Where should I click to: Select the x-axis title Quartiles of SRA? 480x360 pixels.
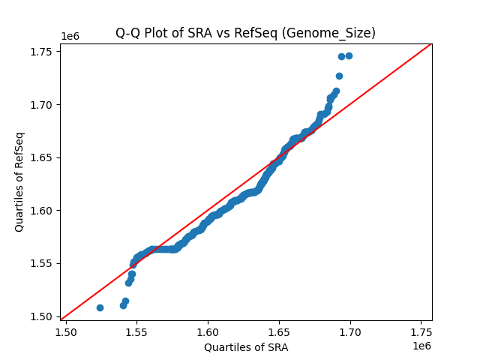tap(246, 347)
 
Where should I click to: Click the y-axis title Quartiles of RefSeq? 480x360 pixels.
tap(20, 181)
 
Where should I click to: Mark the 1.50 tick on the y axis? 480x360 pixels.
tap(41, 316)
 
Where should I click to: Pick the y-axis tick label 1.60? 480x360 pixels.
tap(41, 210)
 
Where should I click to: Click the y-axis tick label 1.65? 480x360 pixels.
tap(41, 157)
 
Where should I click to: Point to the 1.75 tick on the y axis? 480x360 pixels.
tap(41, 52)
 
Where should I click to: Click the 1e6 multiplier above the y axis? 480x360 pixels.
tap(70, 36)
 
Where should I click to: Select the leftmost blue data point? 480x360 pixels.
tap(100, 307)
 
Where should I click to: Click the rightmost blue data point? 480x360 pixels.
tap(349, 56)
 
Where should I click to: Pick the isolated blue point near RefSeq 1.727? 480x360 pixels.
tap(339, 76)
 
